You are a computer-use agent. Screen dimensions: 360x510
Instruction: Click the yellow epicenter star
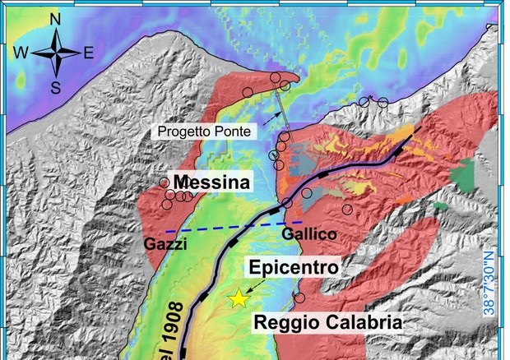click(x=239, y=298)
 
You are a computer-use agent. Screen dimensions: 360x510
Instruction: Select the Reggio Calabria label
click(x=327, y=322)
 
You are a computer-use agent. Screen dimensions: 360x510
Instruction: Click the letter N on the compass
click(x=55, y=18)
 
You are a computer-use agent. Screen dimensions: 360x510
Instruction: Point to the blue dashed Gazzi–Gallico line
click(x=230, y=226)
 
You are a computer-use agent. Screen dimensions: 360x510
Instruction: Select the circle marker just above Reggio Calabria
click(x=299, y=298)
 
